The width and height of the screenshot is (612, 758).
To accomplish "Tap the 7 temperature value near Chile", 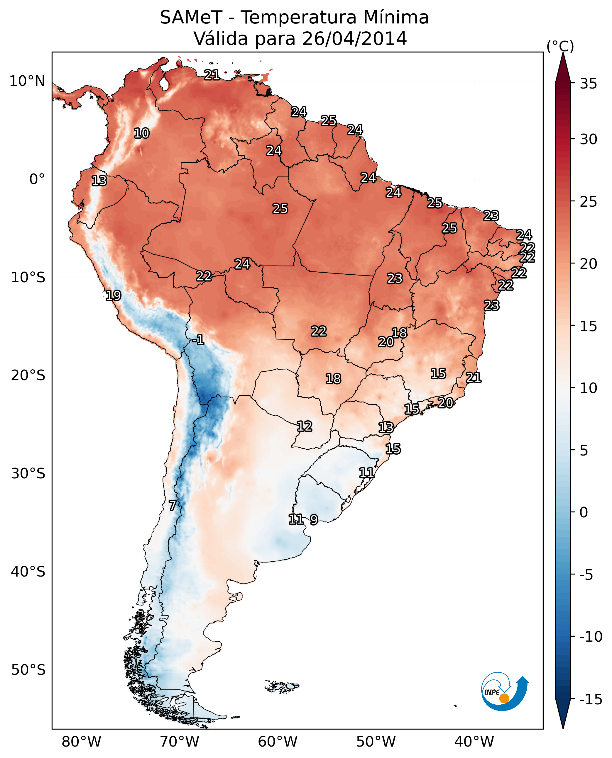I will tap(173, 505).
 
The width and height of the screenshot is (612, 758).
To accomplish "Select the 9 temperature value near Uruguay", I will tap(314, 519).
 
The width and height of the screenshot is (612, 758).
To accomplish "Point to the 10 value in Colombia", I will tap(141, 133).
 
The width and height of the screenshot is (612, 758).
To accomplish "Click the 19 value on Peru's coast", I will tap(113, 295).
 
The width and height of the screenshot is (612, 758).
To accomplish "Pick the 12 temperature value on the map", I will tap(304, 426).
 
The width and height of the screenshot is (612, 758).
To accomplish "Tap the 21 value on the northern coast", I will tap(212, 75).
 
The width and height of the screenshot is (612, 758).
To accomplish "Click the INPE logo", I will tap(505, 691).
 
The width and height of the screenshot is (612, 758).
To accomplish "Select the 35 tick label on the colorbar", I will tap(588, 84).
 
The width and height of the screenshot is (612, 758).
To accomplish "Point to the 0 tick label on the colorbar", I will tap(584, 512).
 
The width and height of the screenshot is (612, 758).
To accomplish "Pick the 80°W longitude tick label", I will tap(82, 742).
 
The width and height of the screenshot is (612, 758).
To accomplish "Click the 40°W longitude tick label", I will tap(474, 742).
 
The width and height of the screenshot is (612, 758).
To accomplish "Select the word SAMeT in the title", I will tap(191, 18).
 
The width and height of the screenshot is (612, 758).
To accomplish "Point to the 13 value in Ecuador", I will tap(99, 181).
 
